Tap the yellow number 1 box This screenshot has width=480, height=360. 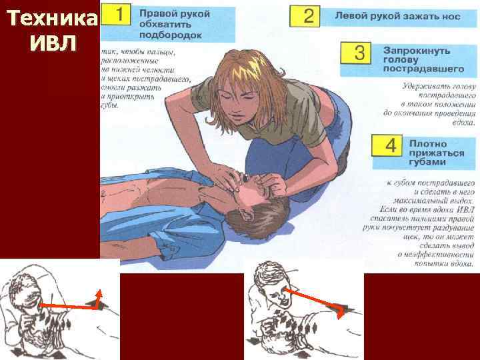point(117,16)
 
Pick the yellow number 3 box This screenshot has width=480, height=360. point(359,54)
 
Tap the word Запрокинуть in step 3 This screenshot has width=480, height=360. point(417,50)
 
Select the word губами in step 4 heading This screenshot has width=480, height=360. point(427,162)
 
